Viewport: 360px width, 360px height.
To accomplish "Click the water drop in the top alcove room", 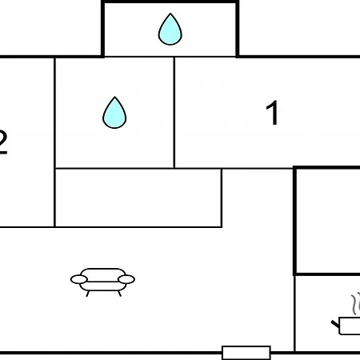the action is (x=170, y=30).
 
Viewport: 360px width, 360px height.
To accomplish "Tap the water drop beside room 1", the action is (x=114, y=113).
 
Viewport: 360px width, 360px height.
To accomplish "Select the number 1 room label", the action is (x=273, y=113).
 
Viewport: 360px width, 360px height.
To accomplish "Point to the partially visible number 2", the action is (x=2, y=142).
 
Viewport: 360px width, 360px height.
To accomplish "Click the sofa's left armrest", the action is (x=79, y=279).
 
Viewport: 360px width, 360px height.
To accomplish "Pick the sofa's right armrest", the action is (x=126, y=279).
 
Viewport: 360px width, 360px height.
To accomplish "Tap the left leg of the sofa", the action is (x=87, y=294).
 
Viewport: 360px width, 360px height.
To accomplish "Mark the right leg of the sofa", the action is (x=119, y=294).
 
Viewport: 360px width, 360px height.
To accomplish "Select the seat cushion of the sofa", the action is (x=102, y=286).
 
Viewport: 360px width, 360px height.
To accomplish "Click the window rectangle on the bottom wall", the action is (x=246, y=353).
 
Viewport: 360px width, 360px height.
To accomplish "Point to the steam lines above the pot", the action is (x=356, y=302).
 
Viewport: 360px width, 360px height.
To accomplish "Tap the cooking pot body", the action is (x=350, y=326).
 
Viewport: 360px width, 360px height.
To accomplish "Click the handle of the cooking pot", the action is (x=335, y=324).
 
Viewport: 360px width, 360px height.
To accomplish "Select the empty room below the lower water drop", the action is (x=138, y=198).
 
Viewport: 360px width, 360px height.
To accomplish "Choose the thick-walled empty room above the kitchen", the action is (x=328, y=221).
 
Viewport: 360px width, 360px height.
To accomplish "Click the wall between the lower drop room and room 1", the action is (x=174, y=113).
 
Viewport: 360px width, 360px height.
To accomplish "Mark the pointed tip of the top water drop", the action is (x=170, y=14).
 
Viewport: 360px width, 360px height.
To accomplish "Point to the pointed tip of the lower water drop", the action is (x=114, y=97).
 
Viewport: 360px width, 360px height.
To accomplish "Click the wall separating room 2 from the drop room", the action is (x=54, y=142).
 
